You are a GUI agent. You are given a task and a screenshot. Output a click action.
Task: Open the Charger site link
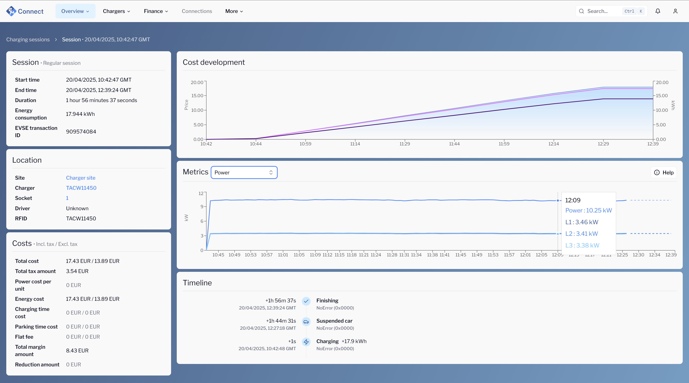(81, 178)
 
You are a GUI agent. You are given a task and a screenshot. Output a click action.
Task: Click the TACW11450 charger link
(81, 188)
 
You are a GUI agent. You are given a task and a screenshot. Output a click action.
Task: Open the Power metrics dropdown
(244, 173)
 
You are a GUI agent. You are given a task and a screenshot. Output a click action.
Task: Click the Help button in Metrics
(664, 173)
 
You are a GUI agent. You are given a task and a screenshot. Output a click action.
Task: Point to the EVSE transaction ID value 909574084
(81, 132)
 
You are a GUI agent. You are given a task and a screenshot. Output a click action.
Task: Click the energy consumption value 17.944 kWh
(80, 114)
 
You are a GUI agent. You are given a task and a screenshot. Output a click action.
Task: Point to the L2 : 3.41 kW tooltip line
(581, 234)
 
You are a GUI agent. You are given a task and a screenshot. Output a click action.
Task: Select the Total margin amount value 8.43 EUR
(77, 351)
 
